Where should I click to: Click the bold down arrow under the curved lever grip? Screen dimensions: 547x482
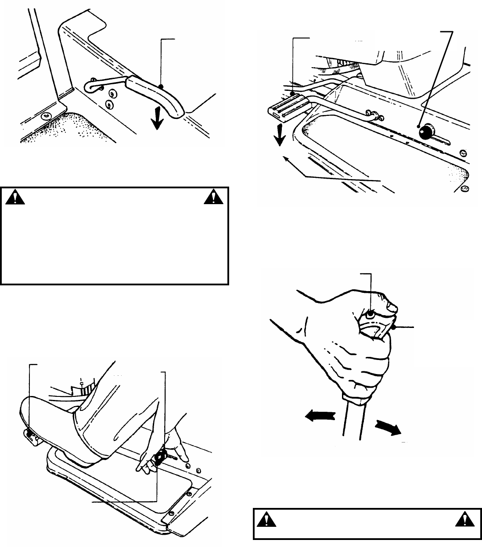click(x=156, y=122)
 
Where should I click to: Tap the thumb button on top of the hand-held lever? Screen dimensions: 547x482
click(x=370, y=314)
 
